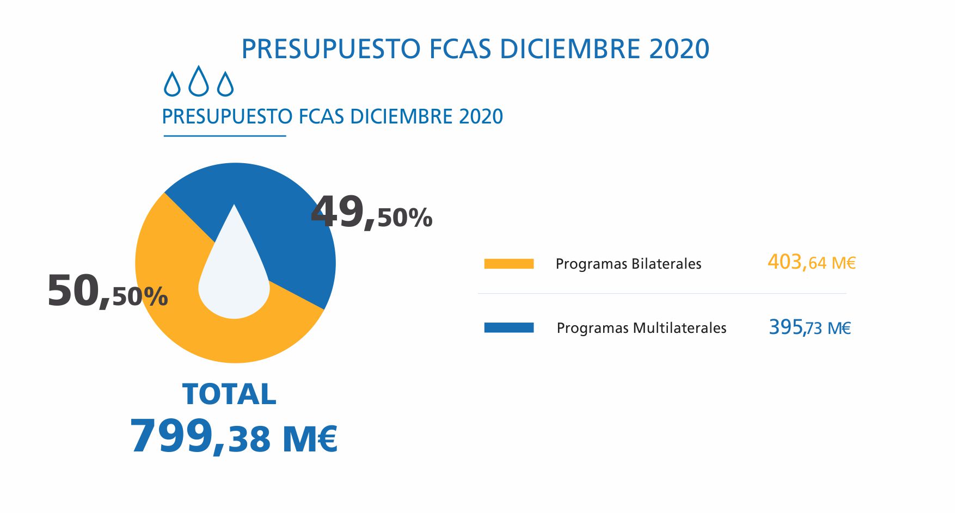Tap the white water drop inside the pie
[x=234, y=283]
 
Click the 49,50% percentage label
[x=371, y=213]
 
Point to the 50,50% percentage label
[x=107, y=292]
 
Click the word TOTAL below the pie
[x=229, y=394]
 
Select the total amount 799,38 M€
[x=234, y=437]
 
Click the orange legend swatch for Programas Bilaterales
[x=508, y=264]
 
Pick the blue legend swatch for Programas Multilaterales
[x=508, y=327]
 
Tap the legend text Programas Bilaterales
[x=628, y=264]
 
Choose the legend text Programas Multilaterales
[x=641, y=328]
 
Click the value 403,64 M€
[x=811, y=263]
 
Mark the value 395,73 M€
[x=809, y=327]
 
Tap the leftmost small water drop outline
[x=172, y=84]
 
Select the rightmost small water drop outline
[x=225, y=84]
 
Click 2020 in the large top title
[x=679, y=49]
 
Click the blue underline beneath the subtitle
[x=224, y=136]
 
